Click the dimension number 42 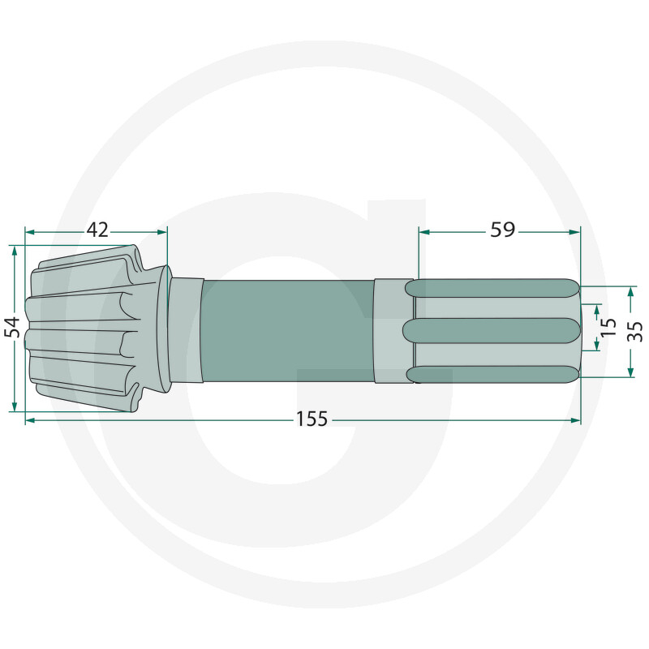coord(97,230)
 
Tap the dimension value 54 coord(11,327)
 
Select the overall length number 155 coord(312,419)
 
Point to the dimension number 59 coord(502,230)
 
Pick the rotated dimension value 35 coord(635,330)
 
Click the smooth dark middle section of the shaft coord(288,331)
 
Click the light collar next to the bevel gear coord(186,330)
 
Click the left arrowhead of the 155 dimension coord(29,419)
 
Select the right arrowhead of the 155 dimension coord(577,419)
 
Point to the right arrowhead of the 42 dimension coord(162,232)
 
